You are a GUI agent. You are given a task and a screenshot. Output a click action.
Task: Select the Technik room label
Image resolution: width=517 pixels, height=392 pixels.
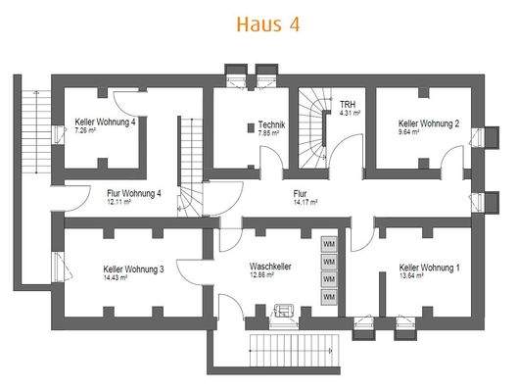[x=271, y=124]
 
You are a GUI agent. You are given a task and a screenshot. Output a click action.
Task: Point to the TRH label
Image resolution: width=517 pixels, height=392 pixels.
[x=347, y=104]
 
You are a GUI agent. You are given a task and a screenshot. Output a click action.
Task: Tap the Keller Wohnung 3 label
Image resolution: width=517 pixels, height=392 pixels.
[x=133, y=268]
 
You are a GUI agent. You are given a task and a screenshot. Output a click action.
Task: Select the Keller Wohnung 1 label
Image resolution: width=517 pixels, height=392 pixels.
[x=429, y=268]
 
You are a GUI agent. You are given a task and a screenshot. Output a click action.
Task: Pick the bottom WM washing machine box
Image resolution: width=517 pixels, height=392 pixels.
[x=329, y=297]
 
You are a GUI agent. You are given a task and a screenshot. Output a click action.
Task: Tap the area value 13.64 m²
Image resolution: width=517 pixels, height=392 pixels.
[x=412, y=276]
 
